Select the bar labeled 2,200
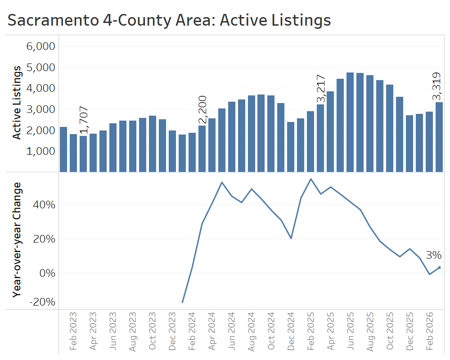coord(202,148)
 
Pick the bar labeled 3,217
coord(320,138)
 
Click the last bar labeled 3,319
coord(439,137)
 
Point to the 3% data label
coord(433,255)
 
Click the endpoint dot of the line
coord(439,267)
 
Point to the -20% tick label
coord(43,301)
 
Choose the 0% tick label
coord(47,273)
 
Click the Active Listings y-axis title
coord(17,103)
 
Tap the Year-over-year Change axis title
coord(17,239)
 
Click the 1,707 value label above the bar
coord(83,121)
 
